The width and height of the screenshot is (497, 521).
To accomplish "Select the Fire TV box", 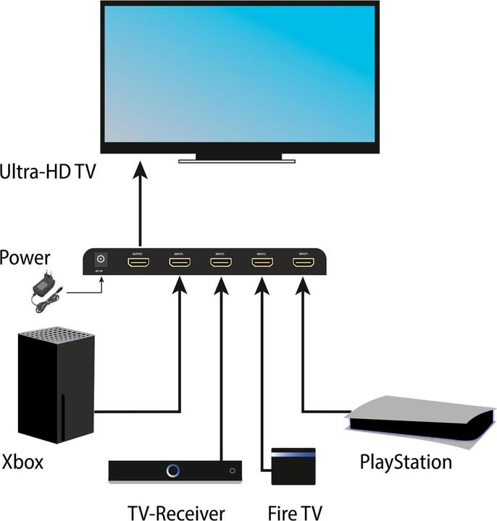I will pos(293,467).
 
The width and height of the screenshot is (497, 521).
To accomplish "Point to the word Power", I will pos(26,258).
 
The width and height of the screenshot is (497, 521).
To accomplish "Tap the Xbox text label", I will pos(22,462).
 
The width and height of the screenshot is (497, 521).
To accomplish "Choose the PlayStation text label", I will pos(406,461).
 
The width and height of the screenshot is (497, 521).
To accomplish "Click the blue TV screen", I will pos(238,72).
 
